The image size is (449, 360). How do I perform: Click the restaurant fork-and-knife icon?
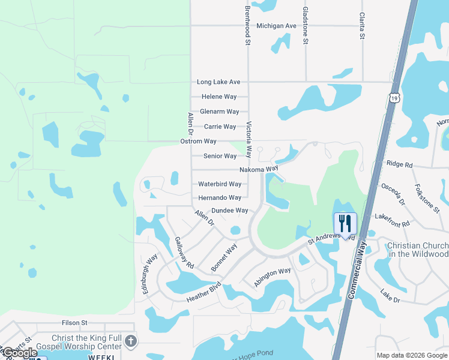(345, 223)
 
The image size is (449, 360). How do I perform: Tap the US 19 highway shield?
(394, 98)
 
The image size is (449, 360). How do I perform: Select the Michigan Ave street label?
(276, 26)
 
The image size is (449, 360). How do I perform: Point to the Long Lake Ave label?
(218, 82)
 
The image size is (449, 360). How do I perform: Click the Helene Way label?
(219, 97)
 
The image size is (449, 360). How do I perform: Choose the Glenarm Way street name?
(219, 112)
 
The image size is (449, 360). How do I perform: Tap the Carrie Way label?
(220, 127)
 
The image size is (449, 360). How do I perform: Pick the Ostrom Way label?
(198, 141)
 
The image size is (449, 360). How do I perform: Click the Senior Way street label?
(220, 156)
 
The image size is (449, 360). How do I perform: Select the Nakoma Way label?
(259, 170)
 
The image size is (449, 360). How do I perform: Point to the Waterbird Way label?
(220, 184)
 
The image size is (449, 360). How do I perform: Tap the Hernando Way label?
(220, 197)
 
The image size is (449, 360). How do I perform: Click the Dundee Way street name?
(230, 211)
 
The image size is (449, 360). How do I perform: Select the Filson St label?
(74, 323)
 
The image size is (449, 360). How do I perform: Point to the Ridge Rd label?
(400, 164)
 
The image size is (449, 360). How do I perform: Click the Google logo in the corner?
(20, 353)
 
